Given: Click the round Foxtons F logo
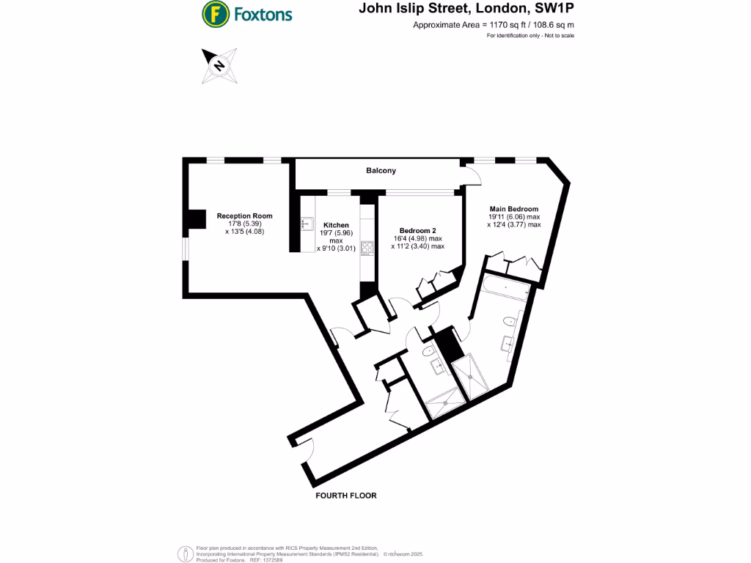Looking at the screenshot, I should point(215,13).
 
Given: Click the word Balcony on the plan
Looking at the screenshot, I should point(381,171).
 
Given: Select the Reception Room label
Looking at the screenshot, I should point(244,216).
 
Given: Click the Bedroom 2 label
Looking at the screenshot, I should point(417,230).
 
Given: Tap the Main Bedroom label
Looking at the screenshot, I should point(513,209).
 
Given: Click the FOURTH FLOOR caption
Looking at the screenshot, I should point(345,496).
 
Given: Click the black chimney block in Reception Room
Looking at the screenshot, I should point(195,219).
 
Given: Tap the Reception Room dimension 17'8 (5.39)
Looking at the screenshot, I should point(244,224).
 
